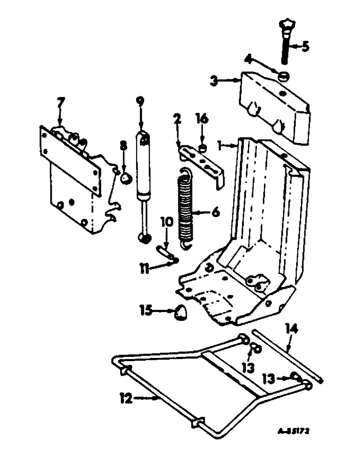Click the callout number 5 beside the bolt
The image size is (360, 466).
[305, 47]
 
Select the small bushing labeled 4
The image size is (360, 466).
[283, 77]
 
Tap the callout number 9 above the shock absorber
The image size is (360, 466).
[138, 101]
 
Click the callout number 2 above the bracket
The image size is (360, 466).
[178, 120]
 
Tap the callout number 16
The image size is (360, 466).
[202, 120]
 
